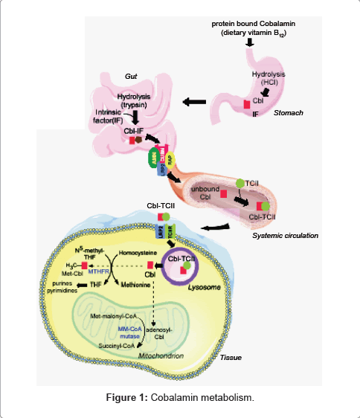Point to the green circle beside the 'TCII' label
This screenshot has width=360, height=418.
pos(240,182)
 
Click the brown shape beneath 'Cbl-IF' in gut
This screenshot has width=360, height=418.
pos(137,139)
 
